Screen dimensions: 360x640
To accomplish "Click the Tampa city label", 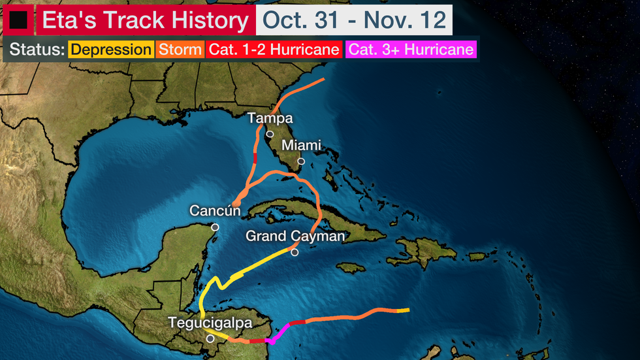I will point(270,118).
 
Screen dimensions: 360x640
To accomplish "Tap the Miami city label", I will point(301,146).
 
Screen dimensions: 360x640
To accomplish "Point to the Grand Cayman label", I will point(295,236).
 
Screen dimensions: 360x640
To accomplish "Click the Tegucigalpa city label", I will point(210,323).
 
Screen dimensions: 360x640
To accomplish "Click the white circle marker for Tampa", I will point(270,134).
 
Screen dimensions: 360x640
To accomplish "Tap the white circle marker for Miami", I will point(301,161).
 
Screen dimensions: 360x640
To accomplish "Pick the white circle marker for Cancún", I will point(215,227).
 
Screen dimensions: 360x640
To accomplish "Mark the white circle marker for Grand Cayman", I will point(295,252).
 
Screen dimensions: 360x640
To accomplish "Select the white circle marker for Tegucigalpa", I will point(210,339).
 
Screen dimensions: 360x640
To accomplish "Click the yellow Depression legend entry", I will point(110,50).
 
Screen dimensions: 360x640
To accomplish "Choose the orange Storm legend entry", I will point(180,50).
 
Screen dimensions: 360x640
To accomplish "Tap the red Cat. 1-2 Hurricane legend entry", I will point(274,50).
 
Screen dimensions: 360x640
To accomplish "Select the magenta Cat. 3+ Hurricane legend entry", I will point(411,50).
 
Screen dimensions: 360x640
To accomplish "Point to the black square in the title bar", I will point(18,21).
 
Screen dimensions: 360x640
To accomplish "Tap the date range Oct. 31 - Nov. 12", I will point(354,21).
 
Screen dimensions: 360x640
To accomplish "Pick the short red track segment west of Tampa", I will point(255,159).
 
